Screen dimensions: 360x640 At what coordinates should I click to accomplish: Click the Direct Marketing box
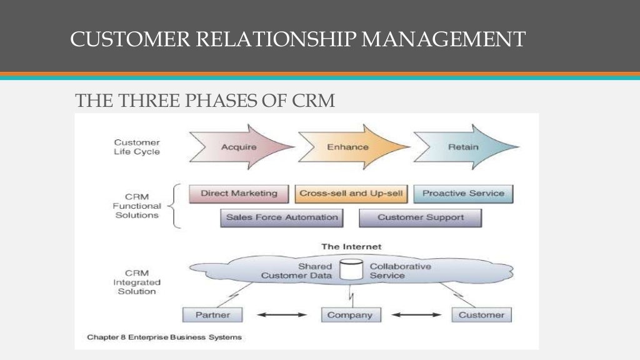pos(239,194)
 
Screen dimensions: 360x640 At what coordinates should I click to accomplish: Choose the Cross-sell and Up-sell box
pos(351,194)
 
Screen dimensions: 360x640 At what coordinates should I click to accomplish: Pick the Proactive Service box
pos(463,194)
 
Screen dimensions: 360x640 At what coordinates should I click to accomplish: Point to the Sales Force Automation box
pos(281,218)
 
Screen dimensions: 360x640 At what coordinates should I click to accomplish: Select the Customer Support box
pos(420,218)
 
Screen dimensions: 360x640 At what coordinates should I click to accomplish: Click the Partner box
pos(212,315)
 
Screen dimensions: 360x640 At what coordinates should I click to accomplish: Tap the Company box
pos(350,315)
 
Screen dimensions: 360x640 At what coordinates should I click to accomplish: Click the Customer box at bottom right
pos(481,315)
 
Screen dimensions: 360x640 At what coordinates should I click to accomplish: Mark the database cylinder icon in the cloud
pos(350,270)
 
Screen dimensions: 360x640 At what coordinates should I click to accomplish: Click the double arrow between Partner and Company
pos(282,315)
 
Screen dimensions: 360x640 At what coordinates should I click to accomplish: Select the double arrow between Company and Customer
pos(416,315)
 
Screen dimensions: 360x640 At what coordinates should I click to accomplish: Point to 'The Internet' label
pos(351,247)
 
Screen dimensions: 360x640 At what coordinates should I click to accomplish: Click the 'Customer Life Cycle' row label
pos(137,147)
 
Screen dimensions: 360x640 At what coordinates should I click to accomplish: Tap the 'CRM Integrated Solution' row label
pos(137,282)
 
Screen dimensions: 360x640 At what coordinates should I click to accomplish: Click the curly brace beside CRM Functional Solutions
pos(176,206)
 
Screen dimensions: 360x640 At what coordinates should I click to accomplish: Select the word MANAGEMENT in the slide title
pos(443,39)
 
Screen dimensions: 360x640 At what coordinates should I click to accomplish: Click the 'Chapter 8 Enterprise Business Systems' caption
pos(164,337)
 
